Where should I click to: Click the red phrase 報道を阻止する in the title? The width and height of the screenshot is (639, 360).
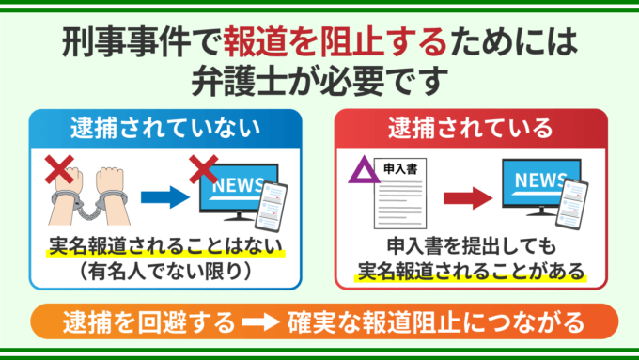[x=335, y=42]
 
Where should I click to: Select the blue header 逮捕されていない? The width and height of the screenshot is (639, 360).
[x=165, y=128]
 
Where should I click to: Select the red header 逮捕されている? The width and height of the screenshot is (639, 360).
[x=471, y=128]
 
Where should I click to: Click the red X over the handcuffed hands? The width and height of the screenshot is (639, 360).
[x=59, y=169]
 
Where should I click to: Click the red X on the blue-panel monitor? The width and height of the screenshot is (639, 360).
[x=204, y=169]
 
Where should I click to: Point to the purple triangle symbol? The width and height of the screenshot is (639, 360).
[x=364, y=171]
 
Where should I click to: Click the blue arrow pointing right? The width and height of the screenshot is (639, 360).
[x=165, y=197]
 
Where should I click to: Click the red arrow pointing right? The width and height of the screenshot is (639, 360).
[x=468, y=198]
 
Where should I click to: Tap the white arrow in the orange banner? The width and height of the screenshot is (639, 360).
[x=261, y=321]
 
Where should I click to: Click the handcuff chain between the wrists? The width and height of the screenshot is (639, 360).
[x=89, y=210]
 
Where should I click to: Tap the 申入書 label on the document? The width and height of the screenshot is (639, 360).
[x=400, y=169]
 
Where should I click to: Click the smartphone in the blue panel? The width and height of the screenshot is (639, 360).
[x=271, y=206]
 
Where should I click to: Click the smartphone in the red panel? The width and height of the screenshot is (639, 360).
[x=572, y=203]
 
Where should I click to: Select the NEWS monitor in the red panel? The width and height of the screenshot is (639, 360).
[x=541, y=188]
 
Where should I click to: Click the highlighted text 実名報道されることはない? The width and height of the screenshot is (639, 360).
[x=165, y=245]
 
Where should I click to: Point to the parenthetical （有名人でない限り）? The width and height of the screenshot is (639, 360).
[x=165, y=272]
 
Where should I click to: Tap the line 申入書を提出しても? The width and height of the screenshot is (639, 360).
[x=472, y=245]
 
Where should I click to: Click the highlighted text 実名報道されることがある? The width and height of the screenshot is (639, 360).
[x=471, y=271]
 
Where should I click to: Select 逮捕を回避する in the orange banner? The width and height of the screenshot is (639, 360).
[x=149, y=322]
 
